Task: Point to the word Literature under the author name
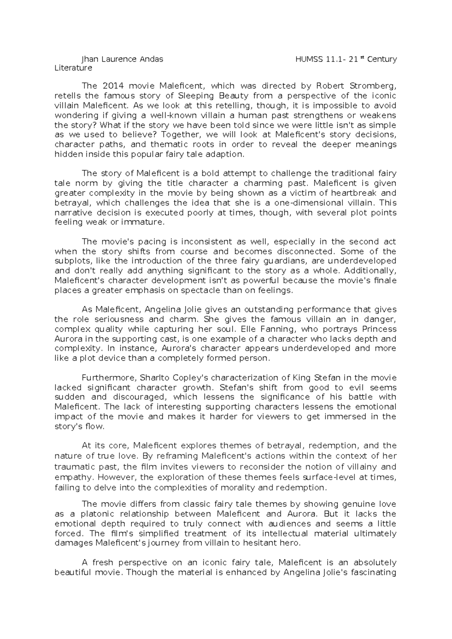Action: pyautogui.click(x=73, y=68)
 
